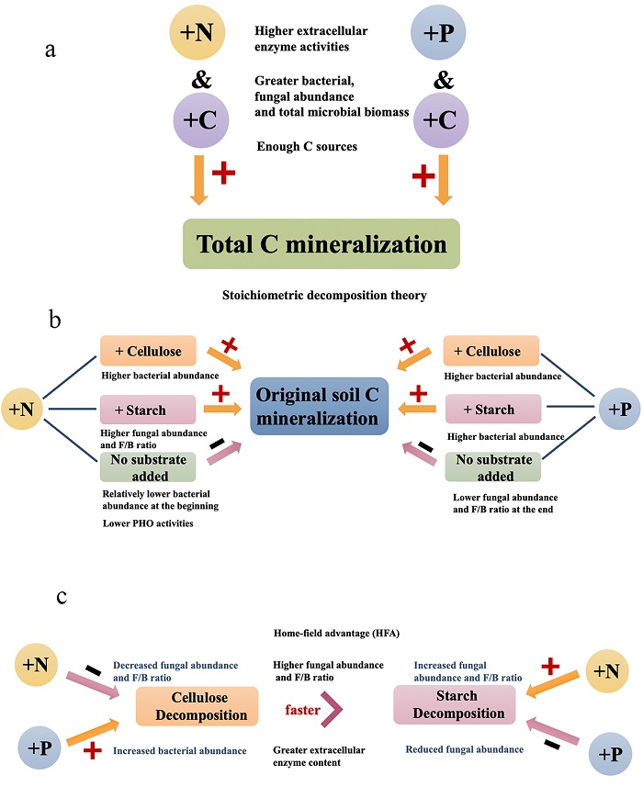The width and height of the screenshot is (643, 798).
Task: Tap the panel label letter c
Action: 62,598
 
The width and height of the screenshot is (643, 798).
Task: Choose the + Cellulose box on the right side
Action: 491,352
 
